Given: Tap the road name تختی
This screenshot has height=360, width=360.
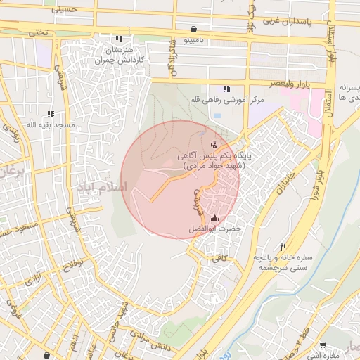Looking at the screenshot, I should [x=38, y=32].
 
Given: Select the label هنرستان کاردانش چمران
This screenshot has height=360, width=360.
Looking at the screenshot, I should [x=120, y=55].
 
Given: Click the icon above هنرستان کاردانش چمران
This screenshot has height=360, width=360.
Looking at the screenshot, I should [x=120, y=39].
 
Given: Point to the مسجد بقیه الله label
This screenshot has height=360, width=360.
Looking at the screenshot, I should [x=50, y=125].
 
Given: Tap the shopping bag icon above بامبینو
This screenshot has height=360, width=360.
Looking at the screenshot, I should [x=193, y=30].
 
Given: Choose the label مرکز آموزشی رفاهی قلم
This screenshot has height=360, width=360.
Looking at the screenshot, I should [x=226, y=100].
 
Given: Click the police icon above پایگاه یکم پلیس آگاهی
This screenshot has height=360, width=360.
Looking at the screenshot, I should [x=214, y=146].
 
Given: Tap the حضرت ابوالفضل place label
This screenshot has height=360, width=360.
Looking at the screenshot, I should [x=214, y=229].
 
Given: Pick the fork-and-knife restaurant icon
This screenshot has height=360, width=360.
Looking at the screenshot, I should [x=283, y=247].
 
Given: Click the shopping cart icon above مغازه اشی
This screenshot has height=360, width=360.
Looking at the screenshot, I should [x=323, y=345].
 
